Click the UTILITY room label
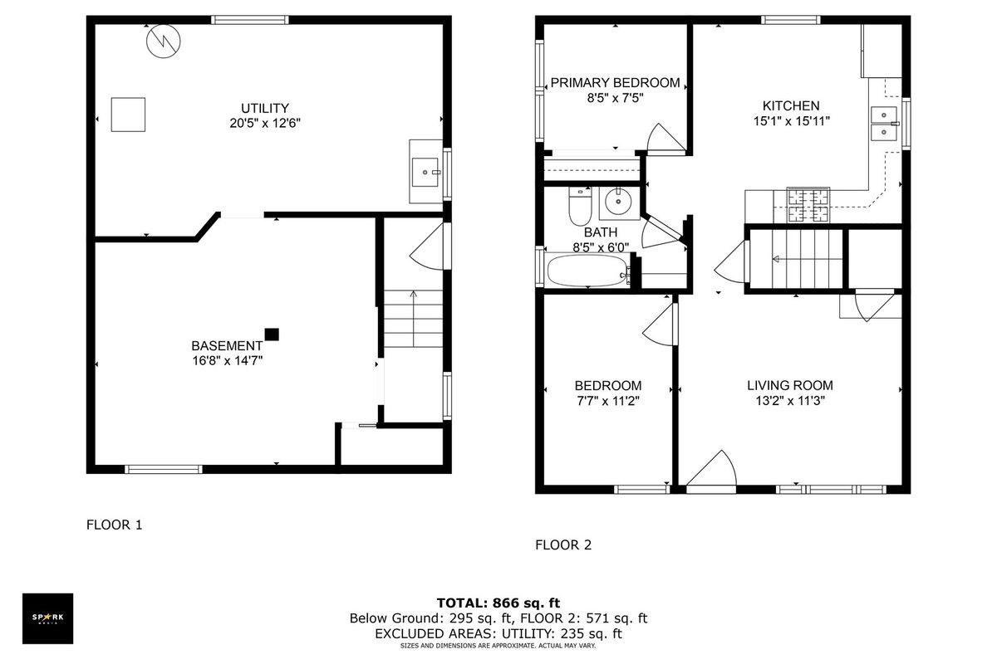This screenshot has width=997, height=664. click(265, 108)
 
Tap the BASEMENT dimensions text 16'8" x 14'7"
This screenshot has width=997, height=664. click(228, 360)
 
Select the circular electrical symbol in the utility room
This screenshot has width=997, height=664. click(164, 41)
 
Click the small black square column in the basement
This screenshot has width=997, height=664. click(272, 334)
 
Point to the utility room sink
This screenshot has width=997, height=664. click(425, 172)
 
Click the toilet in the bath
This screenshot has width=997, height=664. click(580, 207)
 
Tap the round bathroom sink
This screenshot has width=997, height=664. click(619, 202)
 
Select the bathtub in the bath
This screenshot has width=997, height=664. click(587, 271)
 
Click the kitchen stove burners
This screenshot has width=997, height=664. click(808, 205)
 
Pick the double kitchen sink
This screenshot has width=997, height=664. click(883, 123)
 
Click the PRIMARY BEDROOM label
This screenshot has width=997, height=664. click(615, 83)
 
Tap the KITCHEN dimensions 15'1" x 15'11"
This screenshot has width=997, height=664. click(791, 121)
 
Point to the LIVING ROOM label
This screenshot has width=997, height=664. click(790, 385)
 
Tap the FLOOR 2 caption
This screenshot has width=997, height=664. click(563, 544)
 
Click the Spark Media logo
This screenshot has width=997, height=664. click(47, 618)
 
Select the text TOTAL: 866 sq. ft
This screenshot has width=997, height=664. click(498, 603)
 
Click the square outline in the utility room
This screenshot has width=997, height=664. click(128, 115)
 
